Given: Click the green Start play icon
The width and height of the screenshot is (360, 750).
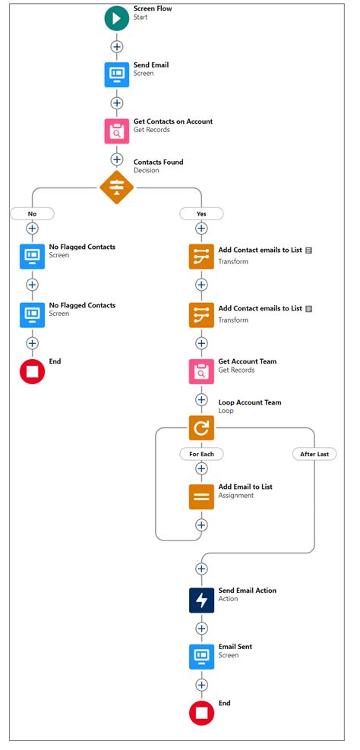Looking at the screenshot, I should pyautogui.click(x=117, y=18).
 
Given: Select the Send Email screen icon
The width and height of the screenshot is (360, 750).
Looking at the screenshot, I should pyautogui.click(x=117, y=74).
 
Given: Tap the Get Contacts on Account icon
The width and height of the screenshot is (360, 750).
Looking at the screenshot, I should pyautogui.click(x=117, y=131).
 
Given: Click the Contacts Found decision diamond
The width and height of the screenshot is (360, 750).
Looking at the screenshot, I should pyautogui.click(x=117, y=187).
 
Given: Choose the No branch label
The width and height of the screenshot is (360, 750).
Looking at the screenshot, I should pyautogui.click(x=32, y=213).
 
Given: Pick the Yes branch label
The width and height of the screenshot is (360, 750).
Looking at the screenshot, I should pyautogui.click(x=201, y=213).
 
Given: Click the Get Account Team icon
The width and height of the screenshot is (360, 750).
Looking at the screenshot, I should pyautogui.click(x=201, y=371).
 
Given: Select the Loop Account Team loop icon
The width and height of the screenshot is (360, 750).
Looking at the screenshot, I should pyautogui.click(x=201, y=428).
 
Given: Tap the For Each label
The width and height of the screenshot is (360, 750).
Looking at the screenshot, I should pyautogui.click(x=201, y=454).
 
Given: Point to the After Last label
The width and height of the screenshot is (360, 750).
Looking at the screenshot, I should pyautogui.click(x=314, y=454).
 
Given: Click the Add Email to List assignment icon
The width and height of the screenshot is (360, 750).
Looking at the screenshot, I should pyautogui.click(x=201, y=496).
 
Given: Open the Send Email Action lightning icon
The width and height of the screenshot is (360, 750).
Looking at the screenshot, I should pyautogui.click(x=201, y=600).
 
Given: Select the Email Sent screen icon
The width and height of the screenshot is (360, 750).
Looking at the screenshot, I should pyautogui.click(x=201, y=657).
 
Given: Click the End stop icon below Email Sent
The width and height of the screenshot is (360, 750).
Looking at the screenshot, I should pyautogui.click(x=201, y=713).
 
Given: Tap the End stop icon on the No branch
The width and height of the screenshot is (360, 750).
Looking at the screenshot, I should pyautogui.click(x=32, y=371).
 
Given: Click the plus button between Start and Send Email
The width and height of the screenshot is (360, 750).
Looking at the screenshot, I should pyautogui.click(x=117, y=46).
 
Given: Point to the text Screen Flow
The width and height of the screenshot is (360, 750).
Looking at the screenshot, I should pyautogui.click(x=150, y=7).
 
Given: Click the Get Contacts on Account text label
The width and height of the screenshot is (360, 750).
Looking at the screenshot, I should pyautogui.click(x=173, y=121).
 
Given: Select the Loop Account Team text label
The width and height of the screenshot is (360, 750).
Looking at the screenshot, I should pyautogui.click(x=250, y=402).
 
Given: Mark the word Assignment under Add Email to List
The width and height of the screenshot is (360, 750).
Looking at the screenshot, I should pyautogui.click(x=236, y=496).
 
